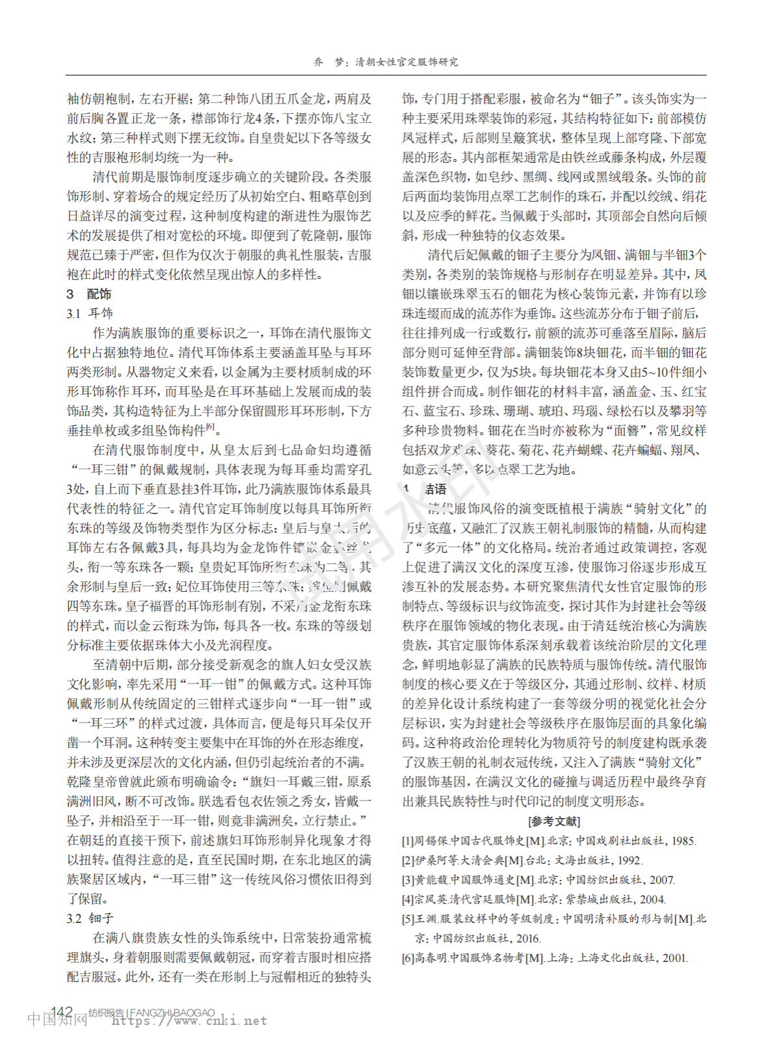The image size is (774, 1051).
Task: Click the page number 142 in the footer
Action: click(x=62, y=1011)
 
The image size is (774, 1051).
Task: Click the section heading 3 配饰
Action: click(x=88, y=294)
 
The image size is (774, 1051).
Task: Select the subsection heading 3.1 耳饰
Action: click(x=90, y=313)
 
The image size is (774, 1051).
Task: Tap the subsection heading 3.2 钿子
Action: click(x=90, y=918)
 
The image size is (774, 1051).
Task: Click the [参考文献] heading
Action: click(x=554, y=821)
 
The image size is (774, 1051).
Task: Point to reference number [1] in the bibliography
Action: click(x=408, y=841)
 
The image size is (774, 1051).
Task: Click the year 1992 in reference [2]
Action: click(x=630, y=860)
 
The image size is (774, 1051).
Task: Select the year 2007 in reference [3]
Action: click(x=661, y=880)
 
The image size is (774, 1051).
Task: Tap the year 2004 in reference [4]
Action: click(x=652, y=899)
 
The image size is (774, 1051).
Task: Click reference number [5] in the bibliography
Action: click(x=408, y=919)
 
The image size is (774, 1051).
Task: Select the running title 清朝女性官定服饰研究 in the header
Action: click(x=407, y=62)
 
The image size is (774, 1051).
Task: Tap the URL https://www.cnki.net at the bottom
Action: click(x=189, y=1021)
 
